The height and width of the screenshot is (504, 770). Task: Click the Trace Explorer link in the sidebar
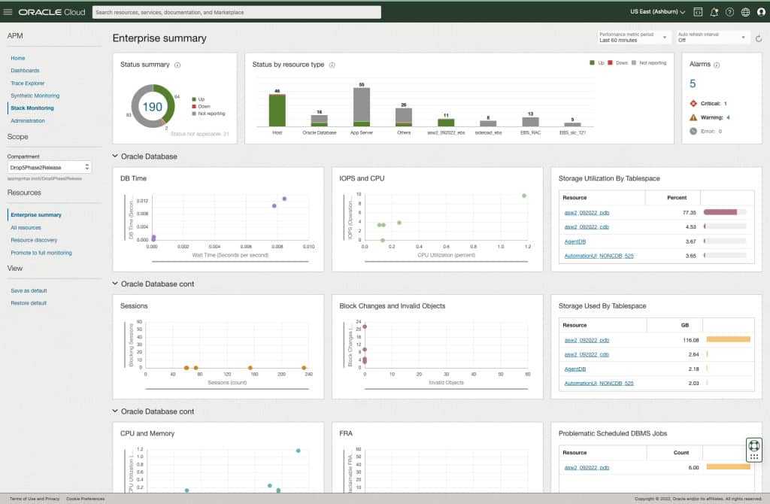[x=29, y=83]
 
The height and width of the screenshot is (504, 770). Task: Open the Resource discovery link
[x=34, y=240]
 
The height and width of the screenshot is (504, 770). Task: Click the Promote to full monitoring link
[x=41, y=253]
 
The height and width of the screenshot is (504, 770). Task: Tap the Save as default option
[x=29, y=290]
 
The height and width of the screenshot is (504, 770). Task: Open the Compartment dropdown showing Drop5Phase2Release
[x=49, y=166]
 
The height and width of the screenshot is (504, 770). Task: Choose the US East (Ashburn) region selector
[x=657, y=12]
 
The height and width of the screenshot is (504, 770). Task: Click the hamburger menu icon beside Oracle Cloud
[x=8, y=12]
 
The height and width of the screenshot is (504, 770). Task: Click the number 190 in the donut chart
[x=153, y=107]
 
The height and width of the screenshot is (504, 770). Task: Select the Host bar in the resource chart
[x=277, y=111]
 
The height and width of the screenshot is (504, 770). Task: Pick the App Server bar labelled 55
[x=362, y=107]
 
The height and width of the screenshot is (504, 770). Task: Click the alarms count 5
[x=693, y=83]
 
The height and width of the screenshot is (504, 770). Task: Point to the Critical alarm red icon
[x=693, y=103]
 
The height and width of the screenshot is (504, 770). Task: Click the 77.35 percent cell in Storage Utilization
[x=677, y=212]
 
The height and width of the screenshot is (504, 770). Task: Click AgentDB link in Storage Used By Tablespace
[x=575, y=369]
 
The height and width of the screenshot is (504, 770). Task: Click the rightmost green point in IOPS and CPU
[x=524, y=196]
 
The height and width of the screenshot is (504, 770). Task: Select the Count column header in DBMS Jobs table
[x=681, y=452]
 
